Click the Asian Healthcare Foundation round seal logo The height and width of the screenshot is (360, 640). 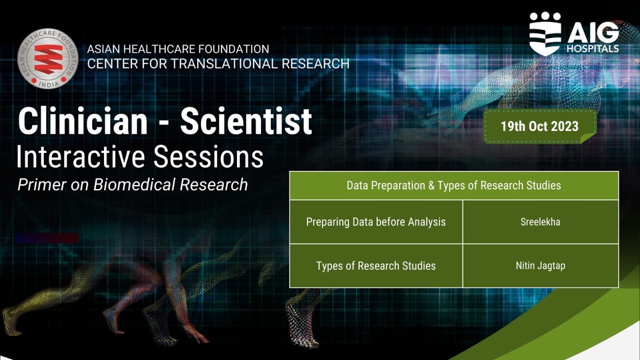[48, 58]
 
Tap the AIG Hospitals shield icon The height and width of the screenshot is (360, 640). [545, 34]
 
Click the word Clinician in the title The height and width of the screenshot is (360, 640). [83, 121]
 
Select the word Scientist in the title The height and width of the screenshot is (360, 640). [246, 121]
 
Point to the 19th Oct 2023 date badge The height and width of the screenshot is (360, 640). [539, 126]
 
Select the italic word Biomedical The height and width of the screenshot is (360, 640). [134, 184]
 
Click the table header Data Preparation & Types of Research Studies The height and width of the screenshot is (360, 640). [453, 185]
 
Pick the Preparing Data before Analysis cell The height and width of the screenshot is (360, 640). [376, 222]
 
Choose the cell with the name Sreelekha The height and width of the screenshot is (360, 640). [540, 222]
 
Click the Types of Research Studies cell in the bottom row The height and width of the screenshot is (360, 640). [376, 265]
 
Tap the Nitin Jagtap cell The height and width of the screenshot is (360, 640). [540, 265]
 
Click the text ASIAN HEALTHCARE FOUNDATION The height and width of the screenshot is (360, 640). [178, 49]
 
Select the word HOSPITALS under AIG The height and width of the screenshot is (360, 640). [592, 49]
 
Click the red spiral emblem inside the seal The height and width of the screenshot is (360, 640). [48, 57]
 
